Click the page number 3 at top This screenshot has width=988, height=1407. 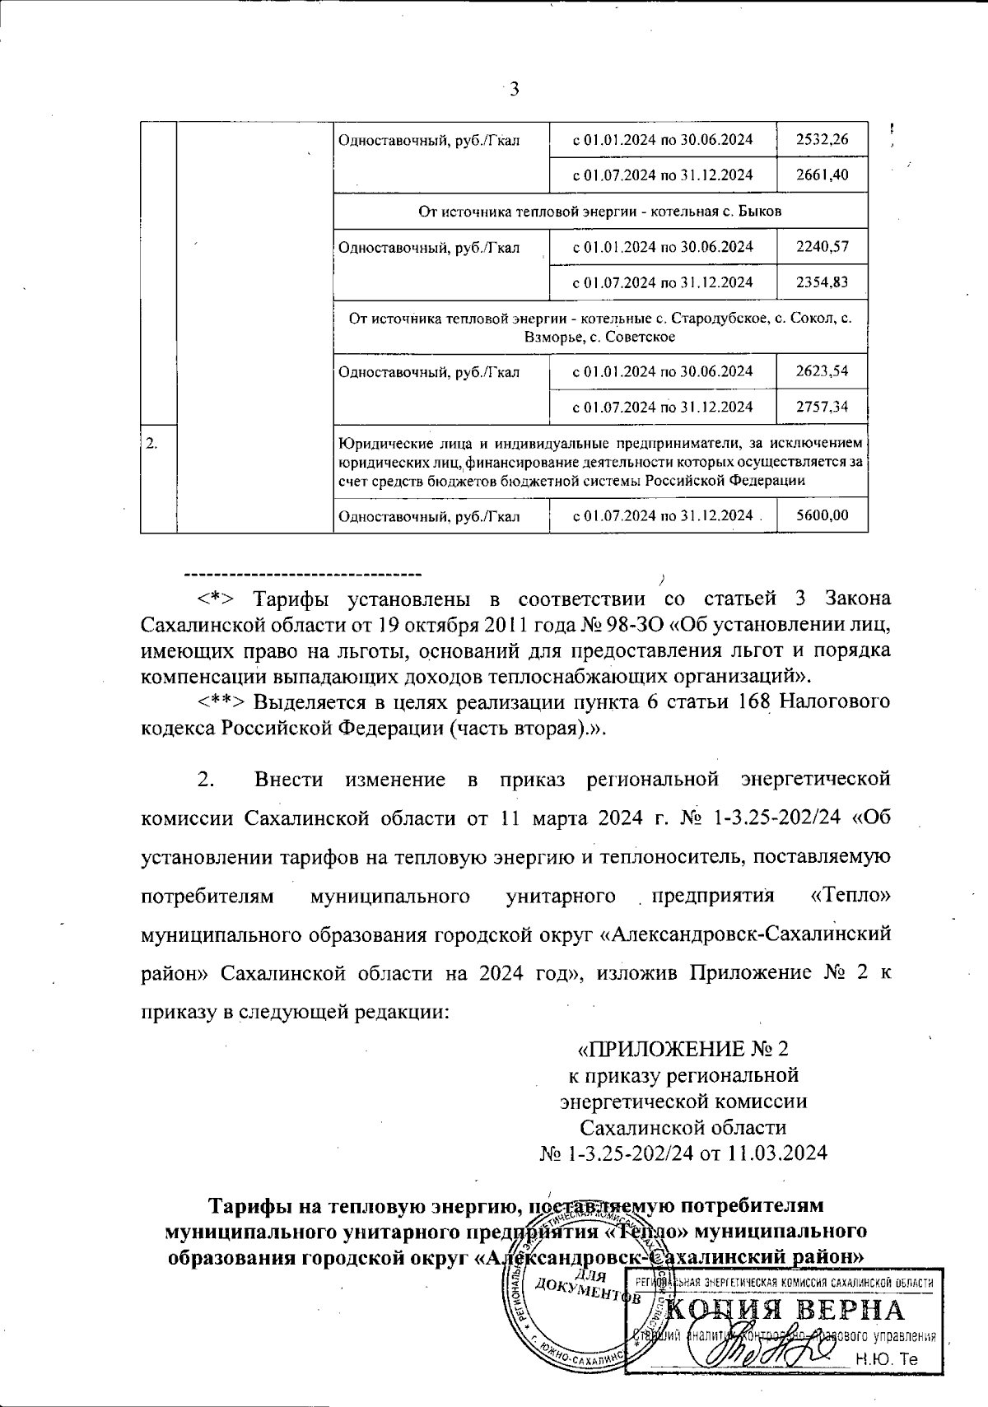click(x=514, y=90)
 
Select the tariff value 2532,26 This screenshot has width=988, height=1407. click(x=822, y=139)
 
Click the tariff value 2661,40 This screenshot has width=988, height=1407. click(x=822, y=175)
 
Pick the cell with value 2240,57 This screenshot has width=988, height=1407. click(x=822, y=246)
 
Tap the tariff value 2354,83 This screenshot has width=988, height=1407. click(x=822, y=282)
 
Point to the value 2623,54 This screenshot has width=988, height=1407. click(x=822, y=370)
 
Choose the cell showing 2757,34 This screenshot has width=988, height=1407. click(x=822, y=406)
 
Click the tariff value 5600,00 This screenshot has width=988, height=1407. click(x=822, y=515)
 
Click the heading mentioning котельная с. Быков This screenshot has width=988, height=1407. click(x=600, y=211)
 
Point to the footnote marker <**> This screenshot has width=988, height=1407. click(x=221, y=702)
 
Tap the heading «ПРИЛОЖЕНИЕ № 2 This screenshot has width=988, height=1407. click(x=683, y=1050)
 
